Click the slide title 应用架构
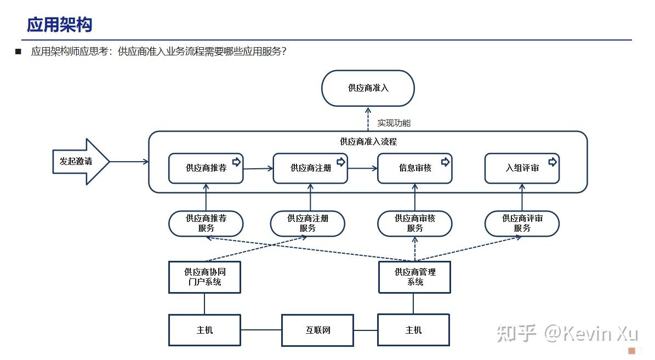[60, 25]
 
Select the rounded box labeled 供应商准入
[368, 88]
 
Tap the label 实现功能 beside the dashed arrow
[394, 123]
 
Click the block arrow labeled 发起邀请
[79, 162]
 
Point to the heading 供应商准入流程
[368, 141]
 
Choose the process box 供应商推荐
[206, 168]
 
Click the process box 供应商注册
[310, 168]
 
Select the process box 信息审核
[414, 168]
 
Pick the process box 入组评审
[522, 168]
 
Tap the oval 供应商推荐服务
[206, 224]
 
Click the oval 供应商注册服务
[307, 224]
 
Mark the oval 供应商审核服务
[414, 224]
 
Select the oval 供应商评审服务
[522, 224]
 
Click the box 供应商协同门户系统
[204, 277]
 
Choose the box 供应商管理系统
[414, 277]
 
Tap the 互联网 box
[317, 330]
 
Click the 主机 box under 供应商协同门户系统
[204, 330]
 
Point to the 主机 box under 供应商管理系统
[413, 330]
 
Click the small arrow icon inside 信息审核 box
[445, 162]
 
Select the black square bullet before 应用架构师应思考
[18, 52]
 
